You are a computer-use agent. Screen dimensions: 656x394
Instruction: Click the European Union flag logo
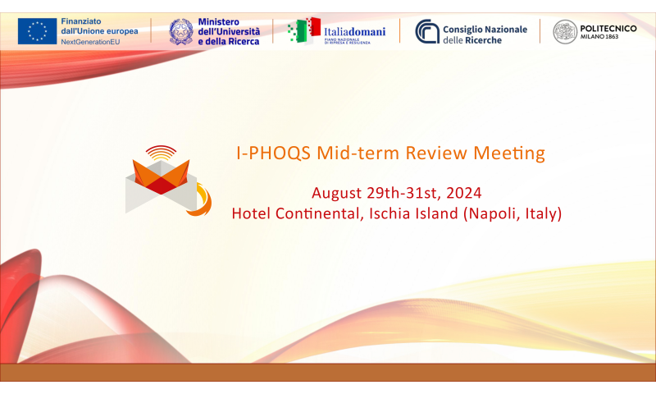(x=37, y=31)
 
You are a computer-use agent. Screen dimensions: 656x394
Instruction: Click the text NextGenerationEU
(x=90, y=42)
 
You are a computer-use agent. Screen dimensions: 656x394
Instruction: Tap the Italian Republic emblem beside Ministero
(x=181, y=32)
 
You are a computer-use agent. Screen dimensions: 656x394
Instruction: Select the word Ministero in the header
(x=218, y=22)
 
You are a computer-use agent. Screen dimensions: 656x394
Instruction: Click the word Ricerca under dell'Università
(x=244, y=41)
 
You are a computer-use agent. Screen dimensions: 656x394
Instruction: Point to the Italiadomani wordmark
(x=355, y=32)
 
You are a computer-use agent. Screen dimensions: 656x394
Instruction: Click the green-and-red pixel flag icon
(x=304, y=30)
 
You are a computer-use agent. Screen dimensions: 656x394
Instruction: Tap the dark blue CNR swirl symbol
(x=427, y=31)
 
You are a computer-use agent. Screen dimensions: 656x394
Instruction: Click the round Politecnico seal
(x=565, y=32)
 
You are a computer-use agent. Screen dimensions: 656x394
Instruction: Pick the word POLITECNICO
(x=608, y=29)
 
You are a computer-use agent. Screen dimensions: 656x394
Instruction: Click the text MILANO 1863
(x=599, y=37)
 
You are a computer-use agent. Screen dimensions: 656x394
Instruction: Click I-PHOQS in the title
(x=274, y=153)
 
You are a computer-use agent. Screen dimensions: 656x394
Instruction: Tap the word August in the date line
(x=337, y=194)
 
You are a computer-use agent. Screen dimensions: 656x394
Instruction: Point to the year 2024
(x=464, y=193)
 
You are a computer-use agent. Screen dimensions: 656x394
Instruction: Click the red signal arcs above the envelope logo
(x=161, y=153)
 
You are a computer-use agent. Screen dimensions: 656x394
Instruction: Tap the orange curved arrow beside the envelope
(x=203, y=201)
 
